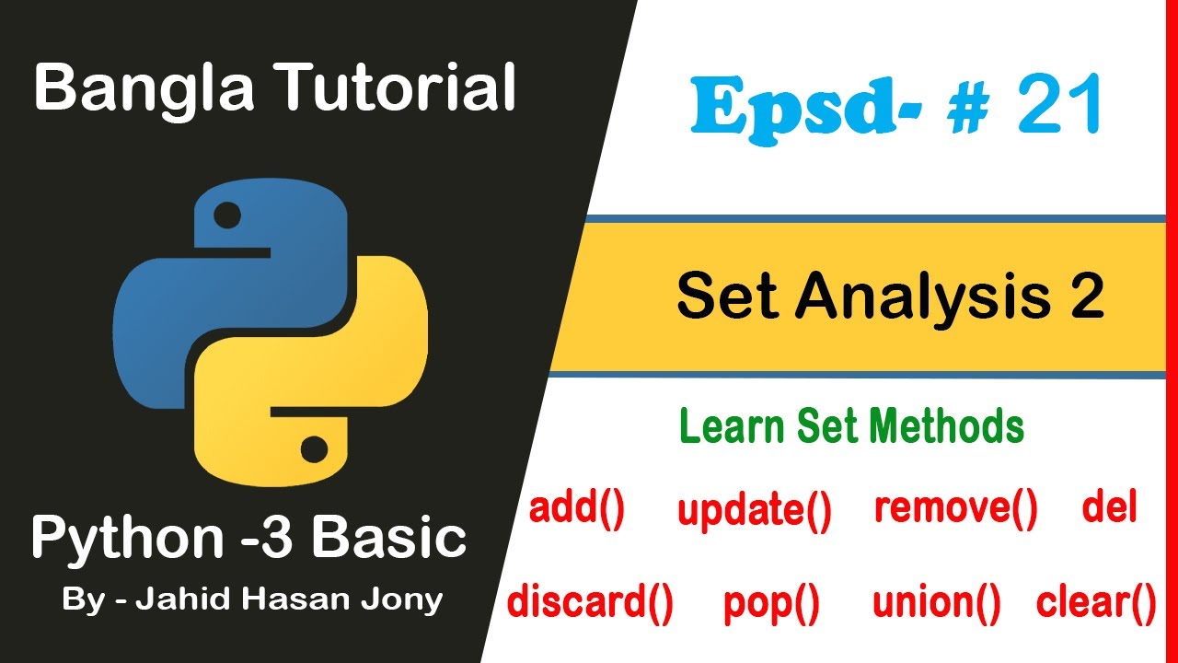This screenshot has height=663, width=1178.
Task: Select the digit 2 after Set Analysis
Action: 1087,297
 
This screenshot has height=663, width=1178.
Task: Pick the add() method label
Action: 577,509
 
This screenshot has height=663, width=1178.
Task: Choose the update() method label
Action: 754,511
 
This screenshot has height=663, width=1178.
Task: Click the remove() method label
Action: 955,508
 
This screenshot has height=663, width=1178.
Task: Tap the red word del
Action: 1110,506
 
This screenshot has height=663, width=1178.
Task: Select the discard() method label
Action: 590,602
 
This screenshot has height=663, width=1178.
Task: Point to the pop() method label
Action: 771,603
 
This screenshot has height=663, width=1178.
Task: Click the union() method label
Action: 936,602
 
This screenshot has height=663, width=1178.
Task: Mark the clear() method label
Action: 1095,602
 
